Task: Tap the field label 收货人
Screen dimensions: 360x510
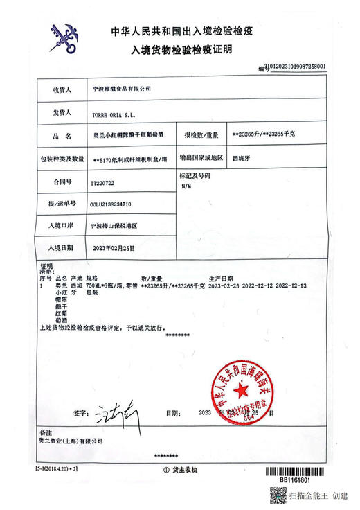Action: pos(62,90)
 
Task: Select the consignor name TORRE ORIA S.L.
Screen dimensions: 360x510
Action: pos(114,113)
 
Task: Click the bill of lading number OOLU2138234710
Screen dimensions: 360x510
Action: pos(115,204)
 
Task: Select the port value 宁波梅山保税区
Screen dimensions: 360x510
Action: pos(114,226)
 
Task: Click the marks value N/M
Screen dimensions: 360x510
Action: pos(186,186)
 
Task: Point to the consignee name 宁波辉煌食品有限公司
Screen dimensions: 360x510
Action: pos(120,90)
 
